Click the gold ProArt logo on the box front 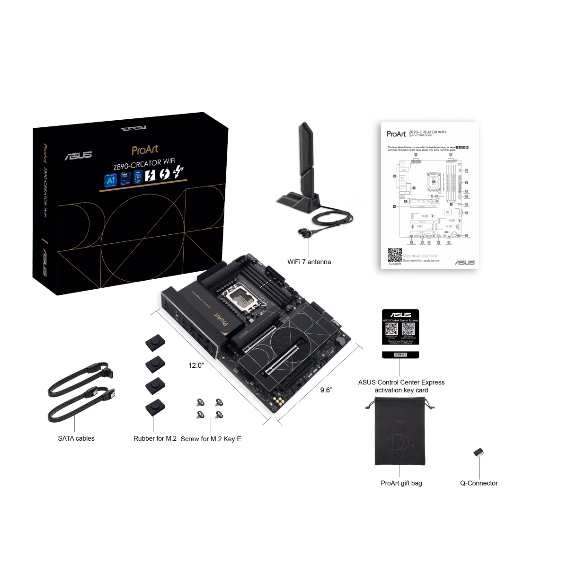pos(145,150)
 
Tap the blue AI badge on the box pos(111,180)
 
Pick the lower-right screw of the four pos(218,415)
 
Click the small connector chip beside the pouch pos(479,453)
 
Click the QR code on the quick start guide pos(394,254)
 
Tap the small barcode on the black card pos(400,354)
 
